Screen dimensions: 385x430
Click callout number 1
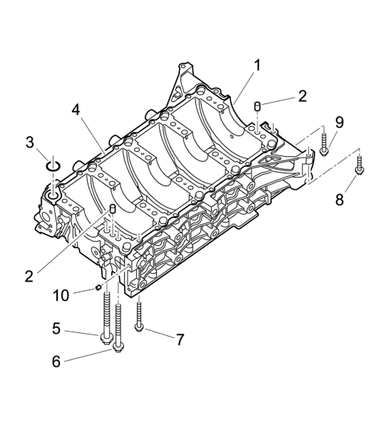pyautogui.click(x=257, y=66)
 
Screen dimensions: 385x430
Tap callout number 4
pyautogui.click(x=76, y=111)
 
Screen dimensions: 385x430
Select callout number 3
pyautogui.click(x=30, y=143)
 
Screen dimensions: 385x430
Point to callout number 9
pyautogui.click(x=339, y=123)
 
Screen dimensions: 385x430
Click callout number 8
pyautogui.click(x=339, y=200)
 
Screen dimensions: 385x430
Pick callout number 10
pyautogui.click(x=61, y=296)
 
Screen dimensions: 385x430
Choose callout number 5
pyautogui.click(x=56, y=329)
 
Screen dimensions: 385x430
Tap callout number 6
pyautogui.click(x=56, y=362)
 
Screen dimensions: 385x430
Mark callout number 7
pyautogui.click(x=180, y=339)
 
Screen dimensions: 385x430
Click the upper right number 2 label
pyautogui.click(x=302, y=96)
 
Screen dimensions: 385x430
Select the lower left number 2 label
pyautogui.click(x=29, y=277)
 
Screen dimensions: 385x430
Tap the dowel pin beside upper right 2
pyautogui.click(x=257, y=106)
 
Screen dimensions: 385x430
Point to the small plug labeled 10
pyautogui.click(x=98, y=287)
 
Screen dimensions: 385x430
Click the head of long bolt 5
pyautogui.click(x=106, y=337)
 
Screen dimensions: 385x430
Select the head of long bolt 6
pyautogui.click(x=118, y=348)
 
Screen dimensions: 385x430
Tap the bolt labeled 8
pyautogui.click(x=359, y=165)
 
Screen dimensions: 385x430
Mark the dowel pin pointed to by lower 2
pyautogui.click(x=113, y=209)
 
